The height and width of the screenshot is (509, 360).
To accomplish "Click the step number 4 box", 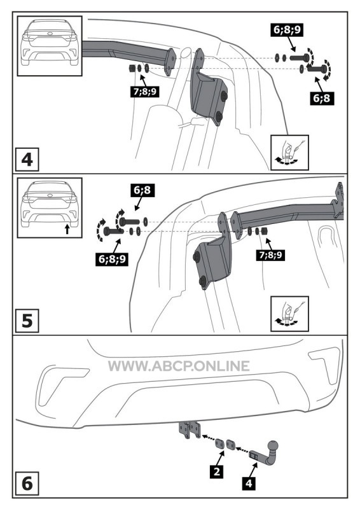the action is coord(27,160).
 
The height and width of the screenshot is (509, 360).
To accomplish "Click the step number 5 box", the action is coord(27,321).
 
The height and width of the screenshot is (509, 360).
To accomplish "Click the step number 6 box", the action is coord(27,483).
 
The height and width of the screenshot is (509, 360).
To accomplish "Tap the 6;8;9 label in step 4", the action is coord(287,30).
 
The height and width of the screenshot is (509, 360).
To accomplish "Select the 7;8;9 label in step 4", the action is coord(145,92).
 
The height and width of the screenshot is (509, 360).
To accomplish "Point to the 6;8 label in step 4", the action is coord(322,98).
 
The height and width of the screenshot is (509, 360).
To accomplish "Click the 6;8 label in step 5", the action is coord(142,190).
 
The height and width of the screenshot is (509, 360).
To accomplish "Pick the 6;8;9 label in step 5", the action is coord(112,260).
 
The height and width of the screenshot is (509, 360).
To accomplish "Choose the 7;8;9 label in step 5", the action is coord(270,256).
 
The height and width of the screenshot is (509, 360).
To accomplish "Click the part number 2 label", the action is coord(216,471).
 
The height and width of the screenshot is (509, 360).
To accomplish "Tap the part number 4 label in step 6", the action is coord(249,483).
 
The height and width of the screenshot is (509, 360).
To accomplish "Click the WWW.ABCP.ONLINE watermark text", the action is coord(179,366).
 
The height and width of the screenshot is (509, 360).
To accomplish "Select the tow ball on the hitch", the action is coord(273,445).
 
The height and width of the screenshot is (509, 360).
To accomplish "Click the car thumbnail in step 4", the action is coord(50,46).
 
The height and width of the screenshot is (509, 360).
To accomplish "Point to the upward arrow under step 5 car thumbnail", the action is coord(67,230).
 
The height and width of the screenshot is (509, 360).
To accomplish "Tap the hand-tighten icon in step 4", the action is coord(290,153).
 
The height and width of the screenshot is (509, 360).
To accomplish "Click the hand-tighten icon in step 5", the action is coord(290,314).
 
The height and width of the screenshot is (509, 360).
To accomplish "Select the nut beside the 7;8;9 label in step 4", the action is coord(132,68).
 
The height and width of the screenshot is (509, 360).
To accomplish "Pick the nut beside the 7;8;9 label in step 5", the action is coord(264,232).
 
